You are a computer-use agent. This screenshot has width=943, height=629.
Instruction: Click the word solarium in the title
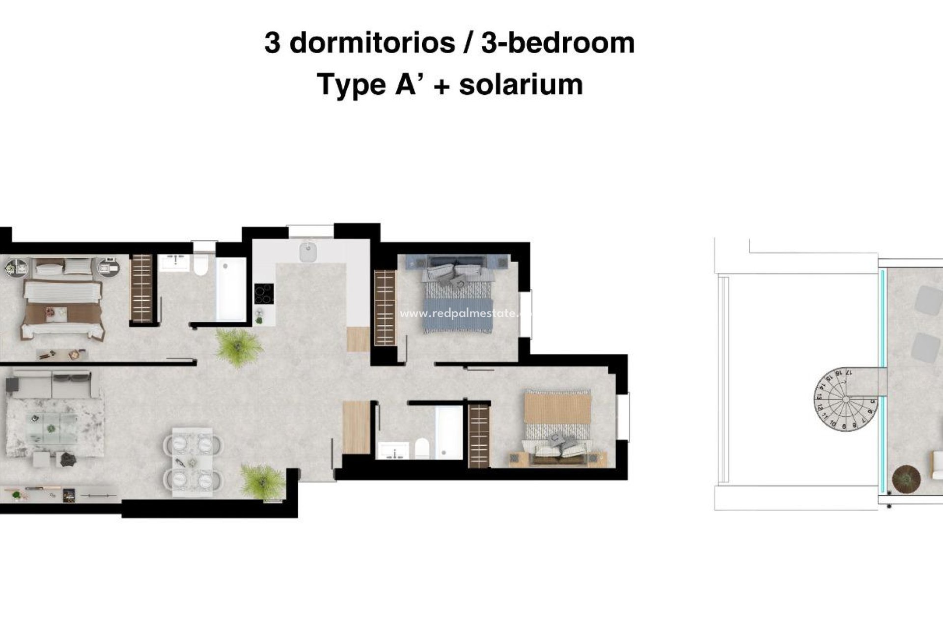pyautogui.click(x=521, y=85)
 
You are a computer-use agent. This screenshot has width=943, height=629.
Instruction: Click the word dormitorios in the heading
pyautogui.click(x=372, y=43)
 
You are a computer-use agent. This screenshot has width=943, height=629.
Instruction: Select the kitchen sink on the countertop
pyautogui.click(x=308, y=253)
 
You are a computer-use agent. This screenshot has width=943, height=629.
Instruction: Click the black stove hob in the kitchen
pyautogui.click(x=264, y=294)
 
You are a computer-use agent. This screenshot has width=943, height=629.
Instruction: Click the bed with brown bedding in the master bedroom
pyautogui.click(x=63, y=307)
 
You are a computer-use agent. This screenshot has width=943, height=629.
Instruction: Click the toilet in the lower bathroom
pyautogui.click(x=421, y=448)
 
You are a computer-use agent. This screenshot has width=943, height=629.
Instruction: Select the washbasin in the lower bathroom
pyautogui.click(x=393, y=450)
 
